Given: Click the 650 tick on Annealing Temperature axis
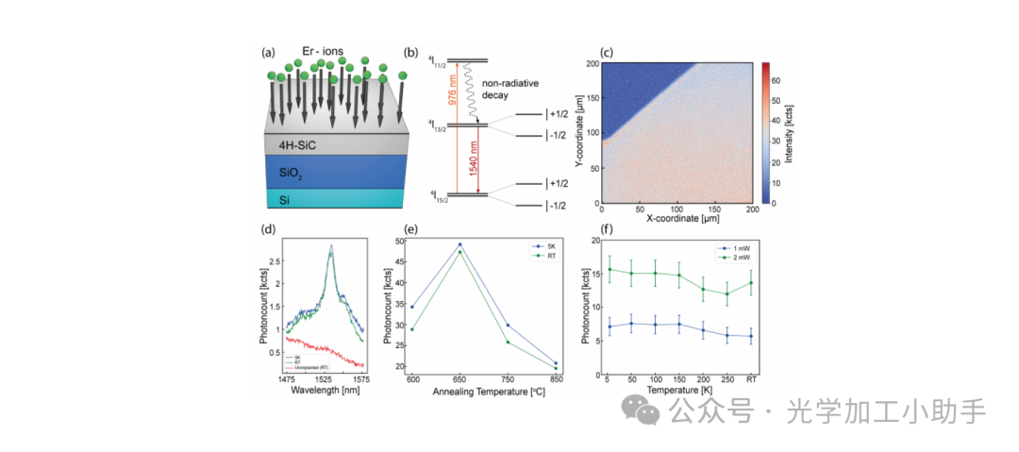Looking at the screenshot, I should pos(459,378).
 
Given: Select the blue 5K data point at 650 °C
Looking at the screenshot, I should pos(459,244).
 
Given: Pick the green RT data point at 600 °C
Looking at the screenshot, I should pos(411,329).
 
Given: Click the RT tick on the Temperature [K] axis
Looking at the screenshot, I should pos(750,378).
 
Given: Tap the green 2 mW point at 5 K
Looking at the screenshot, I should pos(610,269).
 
